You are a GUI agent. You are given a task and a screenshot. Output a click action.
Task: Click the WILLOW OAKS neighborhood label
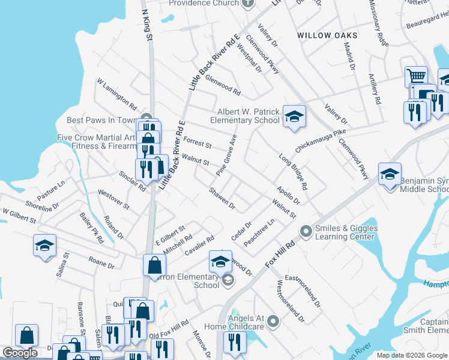click(327, 35)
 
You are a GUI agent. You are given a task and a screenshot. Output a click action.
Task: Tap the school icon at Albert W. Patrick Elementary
click(294, 116)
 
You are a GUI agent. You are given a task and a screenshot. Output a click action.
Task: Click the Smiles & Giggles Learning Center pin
click(306, 230)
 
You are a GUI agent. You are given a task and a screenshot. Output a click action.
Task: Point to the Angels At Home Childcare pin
click(273, 322)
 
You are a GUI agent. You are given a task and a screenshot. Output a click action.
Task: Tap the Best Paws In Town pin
click(144, 119)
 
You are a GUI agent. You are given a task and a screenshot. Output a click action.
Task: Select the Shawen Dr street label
click(221, 199)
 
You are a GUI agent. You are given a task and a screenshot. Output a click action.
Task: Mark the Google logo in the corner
click(20, 353)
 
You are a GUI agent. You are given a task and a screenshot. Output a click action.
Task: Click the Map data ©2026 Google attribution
click(412, 355)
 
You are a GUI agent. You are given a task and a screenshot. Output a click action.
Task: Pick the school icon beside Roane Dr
click(44, 245)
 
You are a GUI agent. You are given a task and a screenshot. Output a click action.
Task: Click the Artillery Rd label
click(375, 89)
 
